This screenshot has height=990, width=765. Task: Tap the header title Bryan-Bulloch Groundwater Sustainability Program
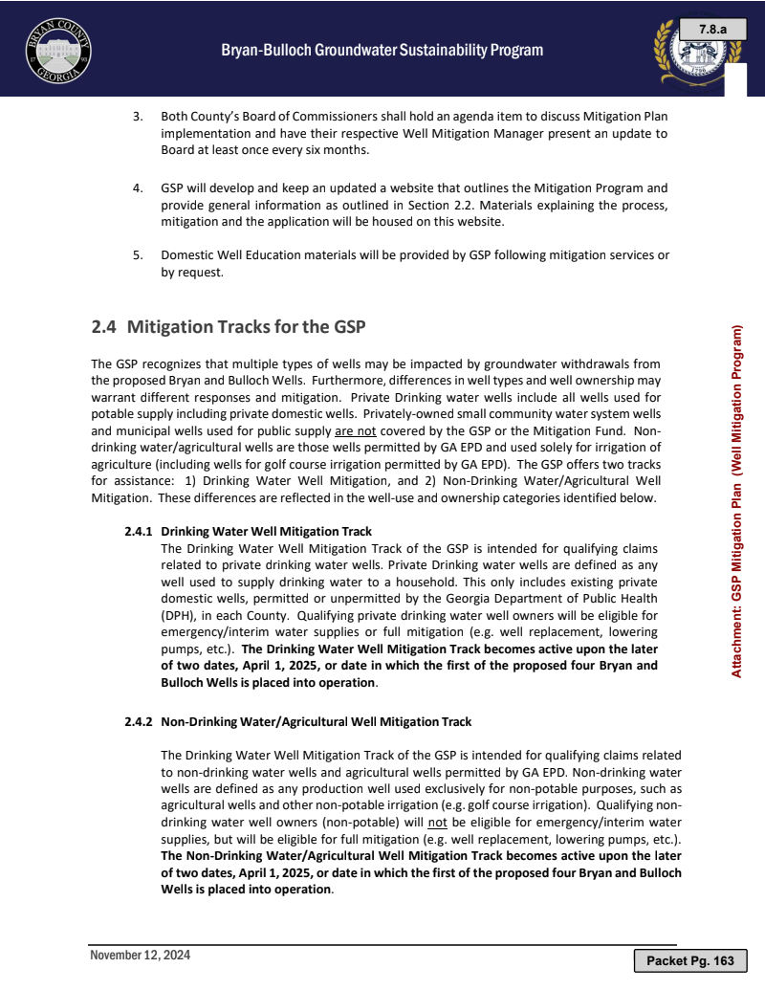pos(382,51)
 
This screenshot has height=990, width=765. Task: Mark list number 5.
pos(138,255)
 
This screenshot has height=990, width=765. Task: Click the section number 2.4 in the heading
pos(103,326)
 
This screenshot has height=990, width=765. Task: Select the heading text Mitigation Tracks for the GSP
pos(247,326)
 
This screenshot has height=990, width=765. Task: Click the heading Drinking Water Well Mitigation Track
pos(266,531)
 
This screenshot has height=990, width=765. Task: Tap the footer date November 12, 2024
pos(140,956)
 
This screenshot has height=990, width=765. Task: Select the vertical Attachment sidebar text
pos(737,502)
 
